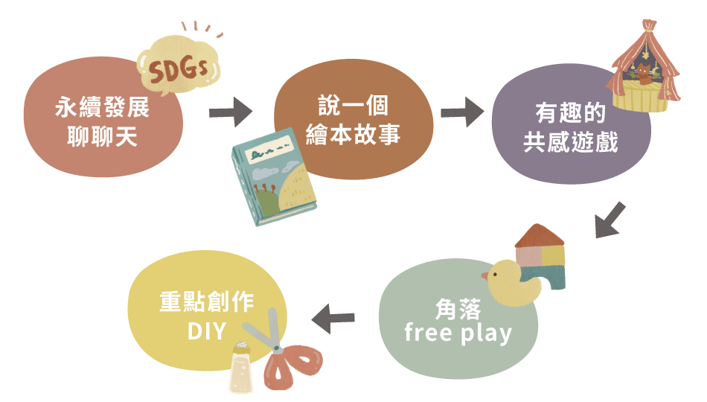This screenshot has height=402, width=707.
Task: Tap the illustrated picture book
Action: [274, 179]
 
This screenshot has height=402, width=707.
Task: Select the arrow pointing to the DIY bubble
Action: [333, 319]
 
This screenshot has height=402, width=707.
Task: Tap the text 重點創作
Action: [207, 301]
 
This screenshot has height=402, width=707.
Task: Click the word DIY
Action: [206, 330]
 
